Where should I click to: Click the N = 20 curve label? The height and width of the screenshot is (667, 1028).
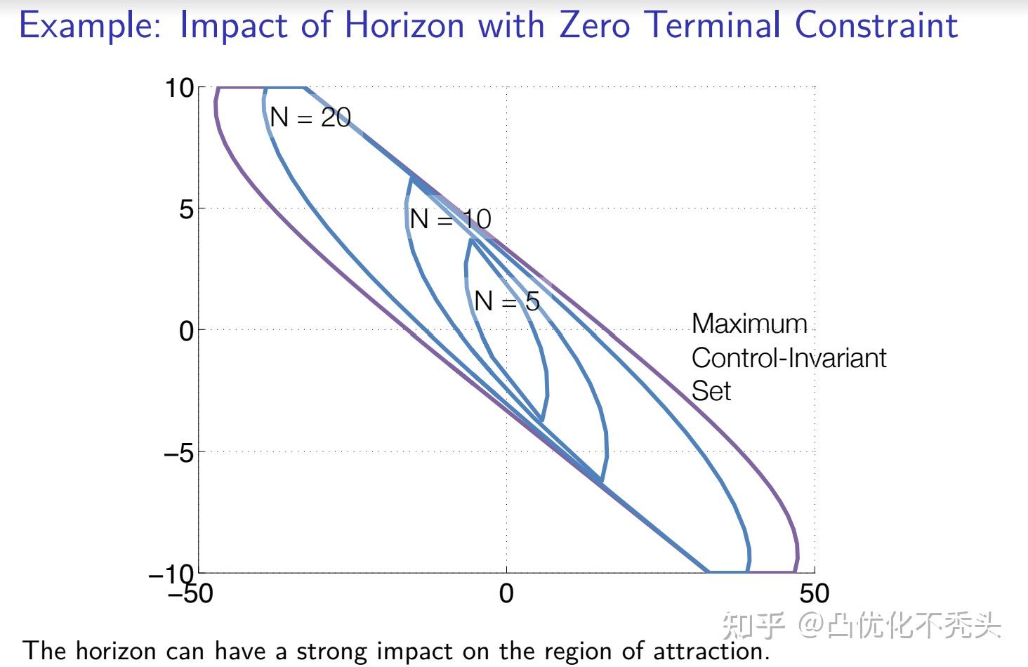310,117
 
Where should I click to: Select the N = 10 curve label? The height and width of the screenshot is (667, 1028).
450,219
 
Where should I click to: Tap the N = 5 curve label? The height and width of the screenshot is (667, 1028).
506,301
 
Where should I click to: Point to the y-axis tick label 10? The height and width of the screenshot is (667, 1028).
179,88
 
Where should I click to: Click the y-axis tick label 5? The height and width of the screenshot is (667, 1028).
186,209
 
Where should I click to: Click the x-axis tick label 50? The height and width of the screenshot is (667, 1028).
814,594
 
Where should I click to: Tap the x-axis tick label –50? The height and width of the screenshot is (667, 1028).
190,594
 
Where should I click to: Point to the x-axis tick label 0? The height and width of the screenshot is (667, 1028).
506,594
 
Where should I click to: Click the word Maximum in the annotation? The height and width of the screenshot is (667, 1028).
749,324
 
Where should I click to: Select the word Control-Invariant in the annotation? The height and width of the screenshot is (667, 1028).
789,358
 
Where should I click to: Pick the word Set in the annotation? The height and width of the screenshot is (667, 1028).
711,391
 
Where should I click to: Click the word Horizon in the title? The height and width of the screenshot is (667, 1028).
404,25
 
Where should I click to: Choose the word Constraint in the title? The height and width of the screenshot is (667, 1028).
876,25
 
